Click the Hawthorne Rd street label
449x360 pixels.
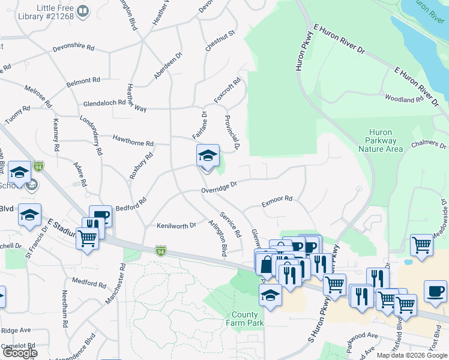(x=133, y=142)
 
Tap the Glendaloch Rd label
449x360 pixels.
(x=104, y=102)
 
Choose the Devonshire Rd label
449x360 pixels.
(x=73, y=47)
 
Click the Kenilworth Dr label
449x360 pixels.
(x=176, y=226)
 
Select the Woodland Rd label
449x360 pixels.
(x=404, y=99)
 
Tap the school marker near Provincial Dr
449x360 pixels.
(x=208, y=156)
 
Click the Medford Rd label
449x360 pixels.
(x=84, y=281)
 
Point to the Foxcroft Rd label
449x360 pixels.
(x=228, y=89)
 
